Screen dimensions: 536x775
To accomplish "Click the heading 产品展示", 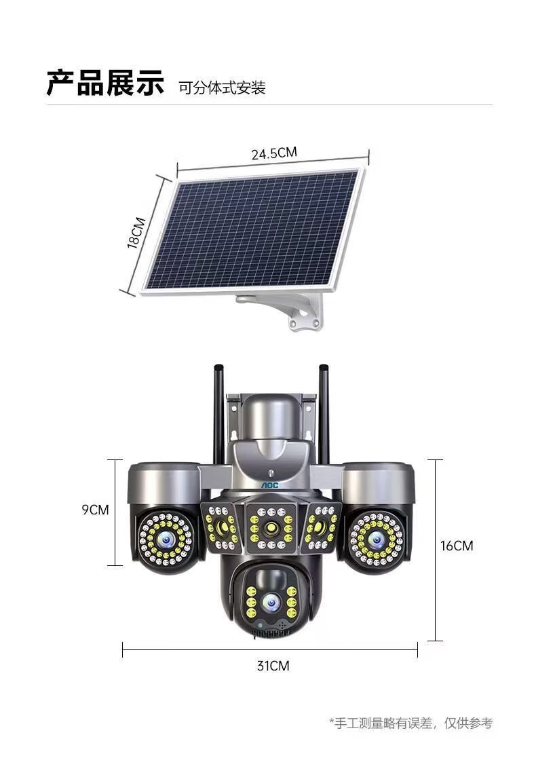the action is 104,83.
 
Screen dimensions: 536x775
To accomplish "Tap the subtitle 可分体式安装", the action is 223,88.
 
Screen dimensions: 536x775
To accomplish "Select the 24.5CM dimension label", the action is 274,153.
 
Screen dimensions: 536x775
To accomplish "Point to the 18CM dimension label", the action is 136,233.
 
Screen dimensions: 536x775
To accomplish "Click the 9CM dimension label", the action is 96,510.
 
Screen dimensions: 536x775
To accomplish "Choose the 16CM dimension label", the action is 457,546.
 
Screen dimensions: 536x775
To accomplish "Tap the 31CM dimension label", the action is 273,666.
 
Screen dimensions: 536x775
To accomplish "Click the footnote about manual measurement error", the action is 411,723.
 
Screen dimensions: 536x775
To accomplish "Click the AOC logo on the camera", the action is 270,485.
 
